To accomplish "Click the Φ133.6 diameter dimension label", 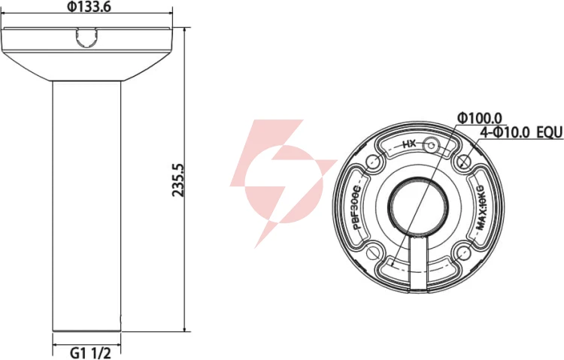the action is click(x=89, y=7).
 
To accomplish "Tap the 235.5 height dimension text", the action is click(x=178, y=180).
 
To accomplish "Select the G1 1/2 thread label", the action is click(x=90, y=352).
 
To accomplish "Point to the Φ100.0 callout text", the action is click(x=479, y=117).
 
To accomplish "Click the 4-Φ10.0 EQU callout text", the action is click(x=521, y=133).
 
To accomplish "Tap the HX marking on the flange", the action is click(x=409, y=144).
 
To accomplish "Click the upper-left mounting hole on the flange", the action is click(x=373, y=162).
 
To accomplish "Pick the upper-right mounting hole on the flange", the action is click(x=464, y=162).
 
